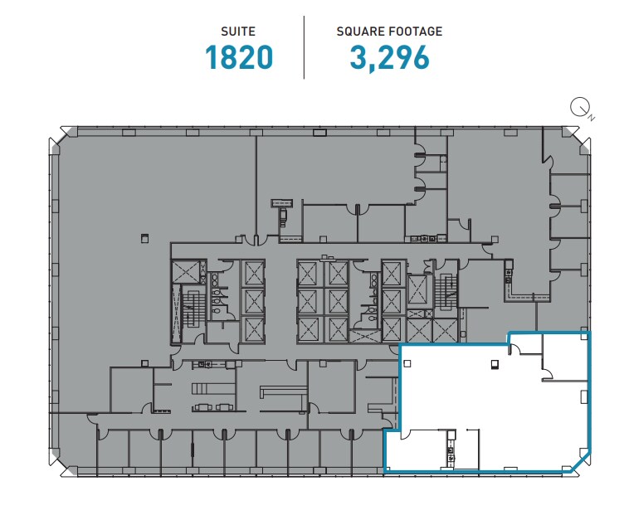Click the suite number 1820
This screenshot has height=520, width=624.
(239, 57)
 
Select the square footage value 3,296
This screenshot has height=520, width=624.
(389, 57)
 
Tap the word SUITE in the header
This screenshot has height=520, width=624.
(238, 32)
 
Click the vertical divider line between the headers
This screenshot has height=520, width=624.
(305, 47)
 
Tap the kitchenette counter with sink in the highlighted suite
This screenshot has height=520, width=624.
(451, 448)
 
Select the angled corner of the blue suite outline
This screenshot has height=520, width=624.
(582, 462)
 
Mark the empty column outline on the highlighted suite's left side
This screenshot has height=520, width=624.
(407, 363)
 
